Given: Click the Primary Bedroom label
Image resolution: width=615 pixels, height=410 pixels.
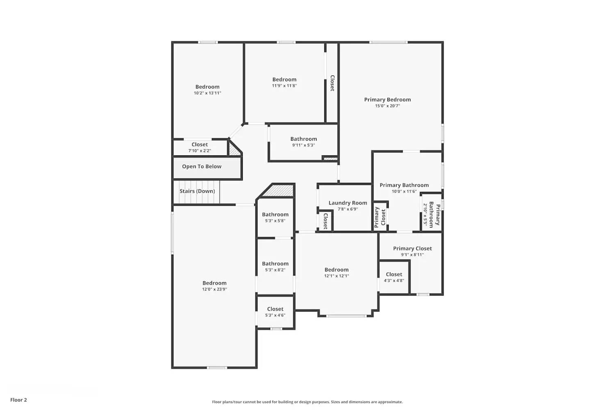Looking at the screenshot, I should click(387, 100).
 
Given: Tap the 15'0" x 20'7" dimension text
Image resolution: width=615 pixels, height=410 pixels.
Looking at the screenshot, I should click(387, 106).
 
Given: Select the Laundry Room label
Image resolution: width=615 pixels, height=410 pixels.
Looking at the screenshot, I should click(348, 203).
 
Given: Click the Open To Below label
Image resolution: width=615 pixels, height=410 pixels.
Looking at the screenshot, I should click(202, 166).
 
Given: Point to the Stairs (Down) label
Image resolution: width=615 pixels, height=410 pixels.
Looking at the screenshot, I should click(197, 191).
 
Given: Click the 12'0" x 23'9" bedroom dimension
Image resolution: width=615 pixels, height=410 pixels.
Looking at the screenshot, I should click(214, 289).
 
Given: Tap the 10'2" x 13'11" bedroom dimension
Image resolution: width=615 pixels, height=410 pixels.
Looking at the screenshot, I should click(207, 93).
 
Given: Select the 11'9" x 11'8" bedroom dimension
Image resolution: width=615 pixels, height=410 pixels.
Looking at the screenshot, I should click(284, 86).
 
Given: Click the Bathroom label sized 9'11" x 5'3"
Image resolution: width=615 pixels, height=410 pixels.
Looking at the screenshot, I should click(303, 139).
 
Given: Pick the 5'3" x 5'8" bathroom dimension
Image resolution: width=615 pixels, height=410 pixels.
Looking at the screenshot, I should click(275, 221).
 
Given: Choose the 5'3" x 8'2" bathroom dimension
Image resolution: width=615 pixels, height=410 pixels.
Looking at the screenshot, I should click(275, 270).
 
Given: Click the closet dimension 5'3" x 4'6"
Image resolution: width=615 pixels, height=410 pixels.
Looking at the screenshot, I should click(275, 315).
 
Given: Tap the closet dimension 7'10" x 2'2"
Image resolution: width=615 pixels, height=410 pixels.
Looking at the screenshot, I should click(200, 151).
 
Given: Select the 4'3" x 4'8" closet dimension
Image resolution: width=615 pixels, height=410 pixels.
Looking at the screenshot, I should click(394, 280).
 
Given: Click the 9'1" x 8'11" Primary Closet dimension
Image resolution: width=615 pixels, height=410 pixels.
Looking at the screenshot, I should click(412, 255).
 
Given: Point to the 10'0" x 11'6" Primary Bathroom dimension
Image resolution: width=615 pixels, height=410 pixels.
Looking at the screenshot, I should click(404, 191).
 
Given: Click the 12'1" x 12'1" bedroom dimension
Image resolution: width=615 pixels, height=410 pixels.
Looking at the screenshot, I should click(336, 276).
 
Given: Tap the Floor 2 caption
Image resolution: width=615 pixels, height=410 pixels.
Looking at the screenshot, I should click(18, 400).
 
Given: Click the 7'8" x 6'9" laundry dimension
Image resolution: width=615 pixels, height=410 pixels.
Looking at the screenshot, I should click(348, 209).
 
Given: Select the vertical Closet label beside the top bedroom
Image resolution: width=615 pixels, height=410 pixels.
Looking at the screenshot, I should click(332, 83).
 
